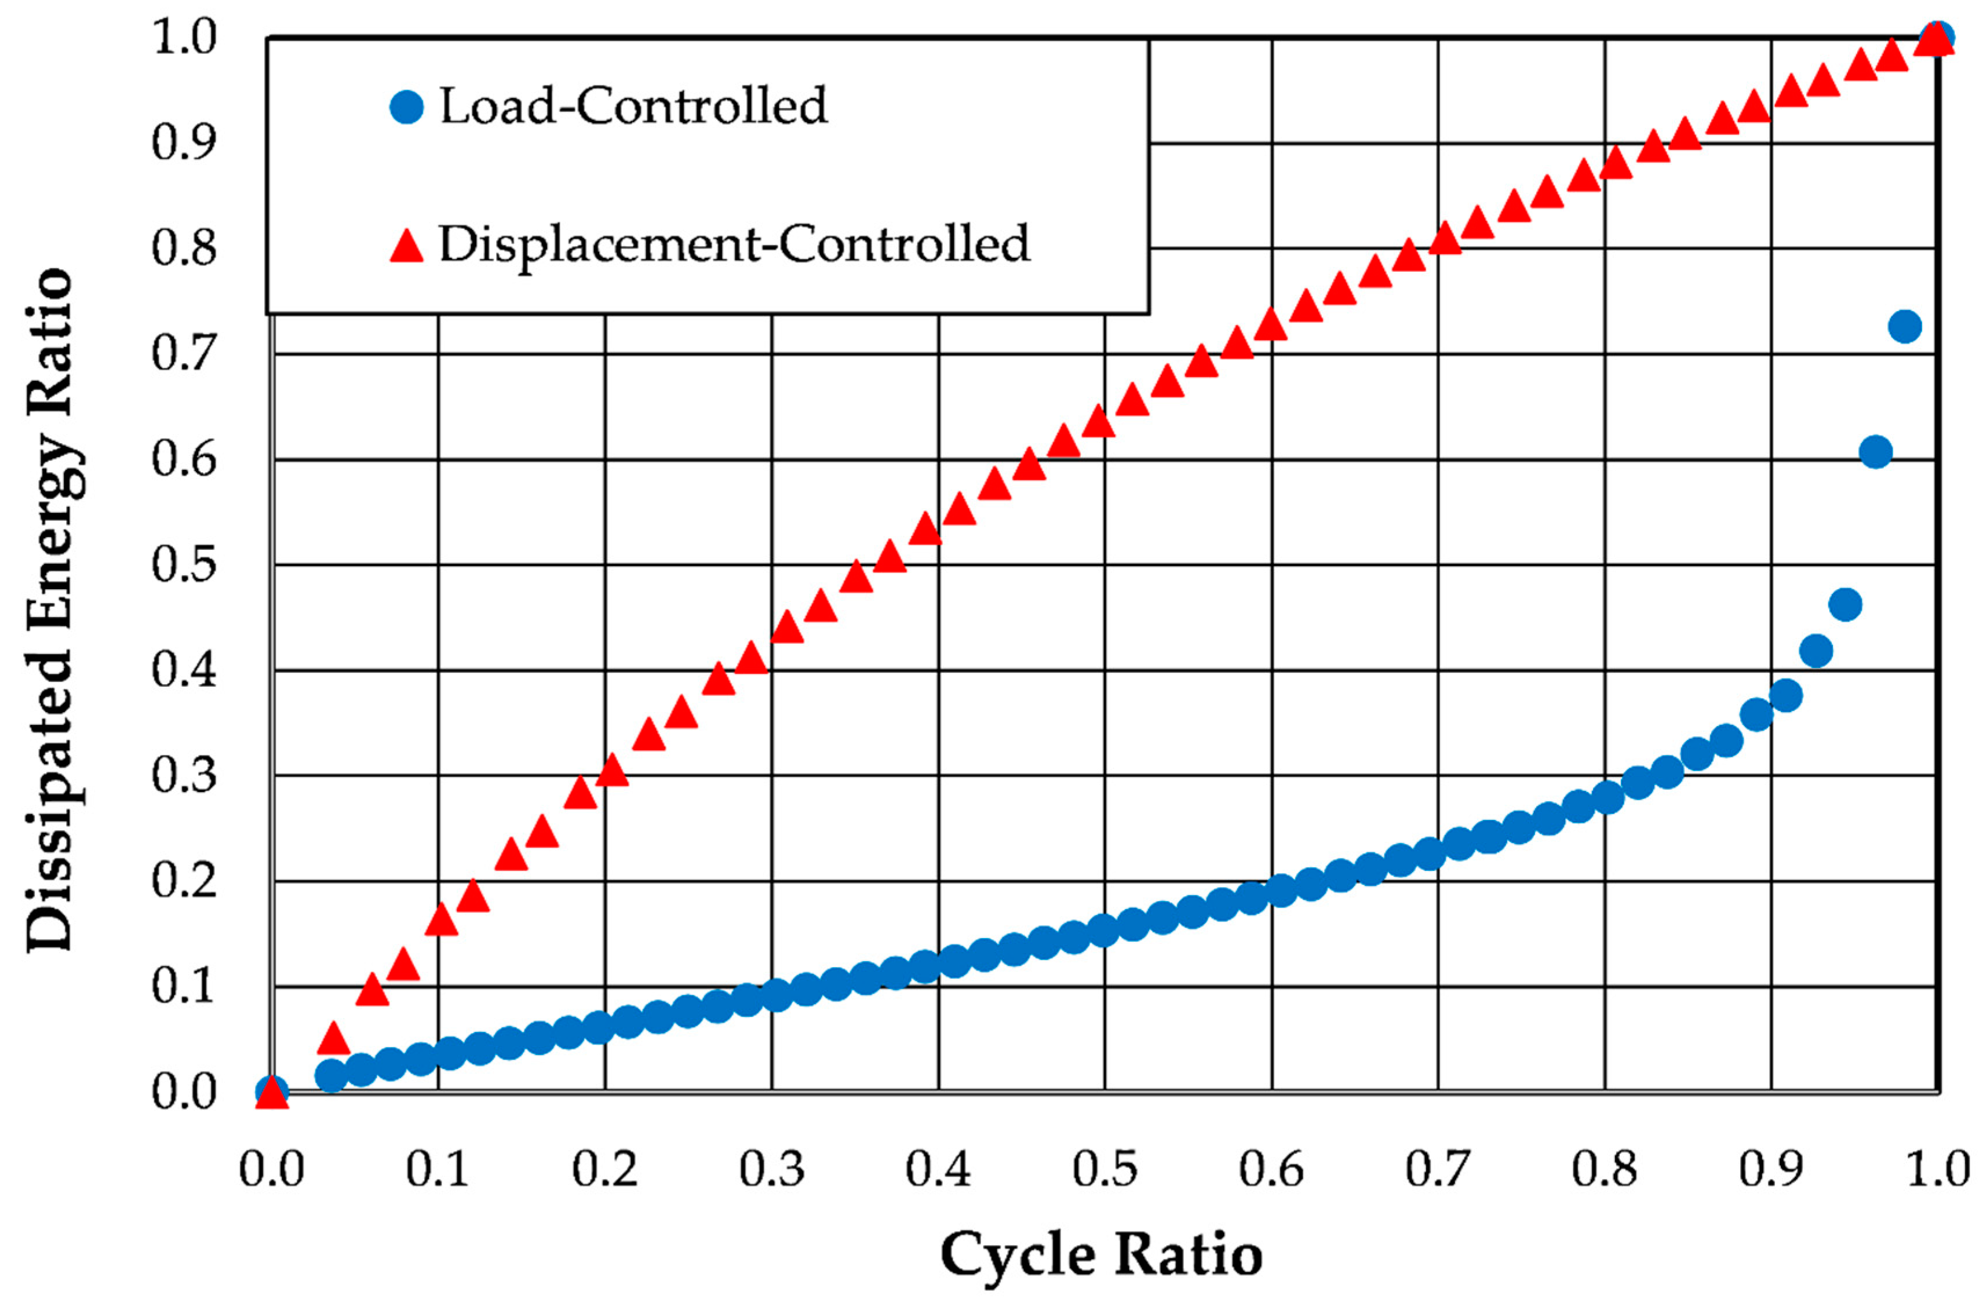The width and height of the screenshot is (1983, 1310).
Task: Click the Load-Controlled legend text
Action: (633, 106)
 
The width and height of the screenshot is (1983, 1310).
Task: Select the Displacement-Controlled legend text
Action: (734, 245)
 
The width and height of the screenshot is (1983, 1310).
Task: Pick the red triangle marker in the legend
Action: (407, 246)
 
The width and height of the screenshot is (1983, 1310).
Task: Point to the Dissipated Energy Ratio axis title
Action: (52, 610)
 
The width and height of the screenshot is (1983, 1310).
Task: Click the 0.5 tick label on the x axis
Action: (1104, 1168)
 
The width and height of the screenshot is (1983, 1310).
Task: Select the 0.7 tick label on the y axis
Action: (184, 353)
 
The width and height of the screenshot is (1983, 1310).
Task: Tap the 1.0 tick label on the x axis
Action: (1937, 1168)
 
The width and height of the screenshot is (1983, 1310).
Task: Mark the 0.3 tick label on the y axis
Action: (184, 775)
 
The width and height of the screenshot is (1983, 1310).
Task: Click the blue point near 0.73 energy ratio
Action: (1904, 326)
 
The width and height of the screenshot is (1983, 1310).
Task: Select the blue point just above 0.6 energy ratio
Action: (1876, 452)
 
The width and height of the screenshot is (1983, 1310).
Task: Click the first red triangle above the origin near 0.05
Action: (333, 1038)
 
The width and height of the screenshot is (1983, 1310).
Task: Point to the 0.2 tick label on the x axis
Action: (605, 1168)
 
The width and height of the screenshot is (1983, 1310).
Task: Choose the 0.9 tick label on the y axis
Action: (184, 142)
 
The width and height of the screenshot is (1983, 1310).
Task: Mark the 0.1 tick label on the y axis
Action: (184, 986)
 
